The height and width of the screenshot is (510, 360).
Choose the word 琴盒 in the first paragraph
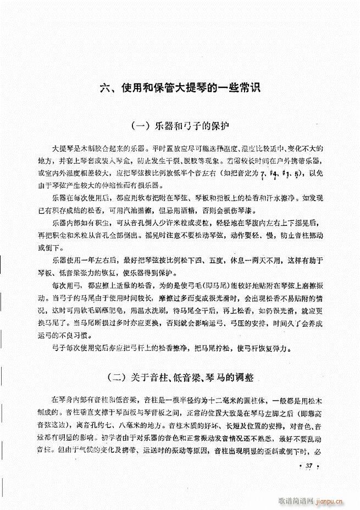[x=137, y=161]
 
